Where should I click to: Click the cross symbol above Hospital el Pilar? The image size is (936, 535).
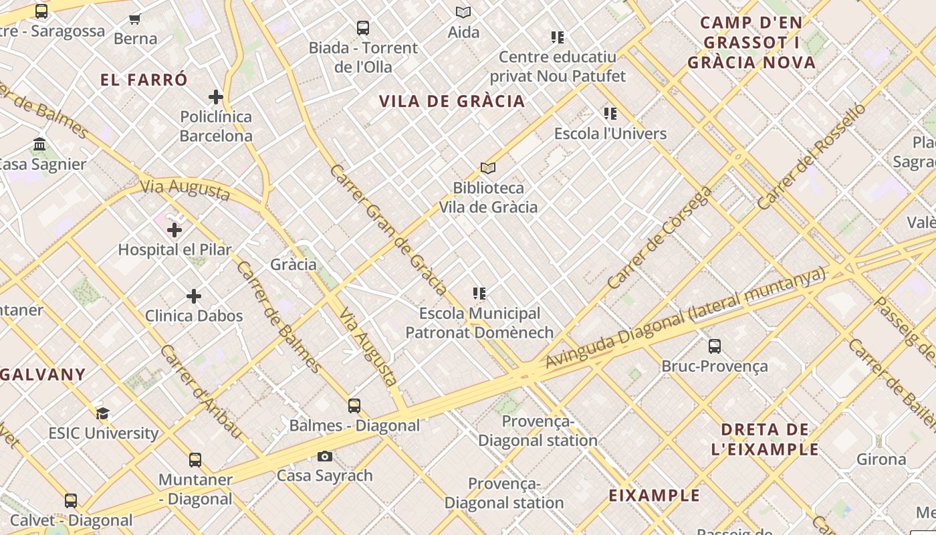[x=174, y=231]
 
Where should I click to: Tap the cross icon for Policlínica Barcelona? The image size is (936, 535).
[x=215, y=97]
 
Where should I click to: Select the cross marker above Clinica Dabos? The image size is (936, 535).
[x=194, y=296]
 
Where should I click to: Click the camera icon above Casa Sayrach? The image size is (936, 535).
[x=325, y=457]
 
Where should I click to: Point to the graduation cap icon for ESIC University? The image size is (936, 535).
[x=102, y=413]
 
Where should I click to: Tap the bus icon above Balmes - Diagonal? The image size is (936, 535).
[x=354, y=406]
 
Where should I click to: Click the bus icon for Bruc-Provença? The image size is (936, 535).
[x=715, y=346]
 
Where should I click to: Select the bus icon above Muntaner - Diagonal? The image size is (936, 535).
[x=195, y=460]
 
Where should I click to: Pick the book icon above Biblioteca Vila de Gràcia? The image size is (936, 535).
[x=488, y=169]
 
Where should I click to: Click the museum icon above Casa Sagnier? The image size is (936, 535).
[x=39, y=144]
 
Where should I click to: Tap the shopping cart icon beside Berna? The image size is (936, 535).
[x=135, y=19]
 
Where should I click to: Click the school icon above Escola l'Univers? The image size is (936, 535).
[x=610, y=114]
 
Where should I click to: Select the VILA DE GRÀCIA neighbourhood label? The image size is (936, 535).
[x=452, y=102]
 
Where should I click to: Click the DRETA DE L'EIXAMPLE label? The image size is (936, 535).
[x=765, y=439]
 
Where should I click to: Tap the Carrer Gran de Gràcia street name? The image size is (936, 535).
[x=388, y=229]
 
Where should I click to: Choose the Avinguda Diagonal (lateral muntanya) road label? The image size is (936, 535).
[x=685, y=318]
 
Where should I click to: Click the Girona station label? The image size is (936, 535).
[x=881, y=459]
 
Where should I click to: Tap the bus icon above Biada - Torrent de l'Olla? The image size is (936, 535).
[x=363, y=28]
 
